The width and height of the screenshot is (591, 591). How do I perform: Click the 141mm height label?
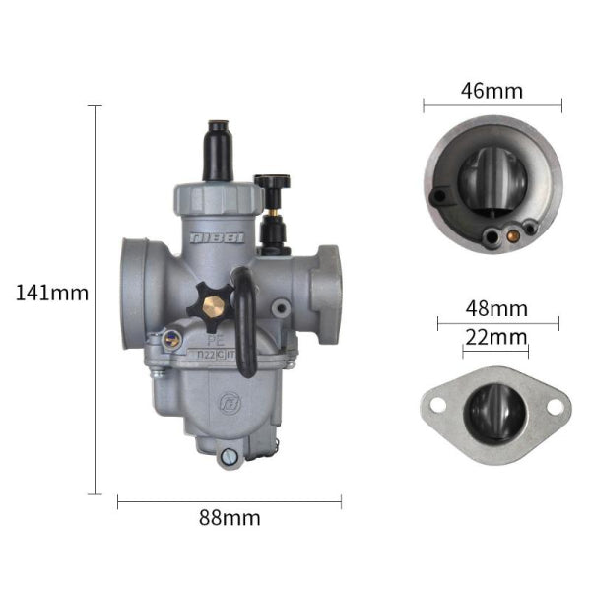[x=52, y=293]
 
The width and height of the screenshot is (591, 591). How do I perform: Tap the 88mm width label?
[x=229, y=517]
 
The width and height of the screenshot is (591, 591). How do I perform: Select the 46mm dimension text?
[x=492, y=92]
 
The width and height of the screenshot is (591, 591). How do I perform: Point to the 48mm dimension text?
[x=496, y=308]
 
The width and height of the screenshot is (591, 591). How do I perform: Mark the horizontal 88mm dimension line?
[x=229, y=501]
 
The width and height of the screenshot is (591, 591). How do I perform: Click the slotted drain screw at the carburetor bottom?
[x=230, y=456]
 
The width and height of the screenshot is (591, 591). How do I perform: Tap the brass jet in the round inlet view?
[x=510, y=234]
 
